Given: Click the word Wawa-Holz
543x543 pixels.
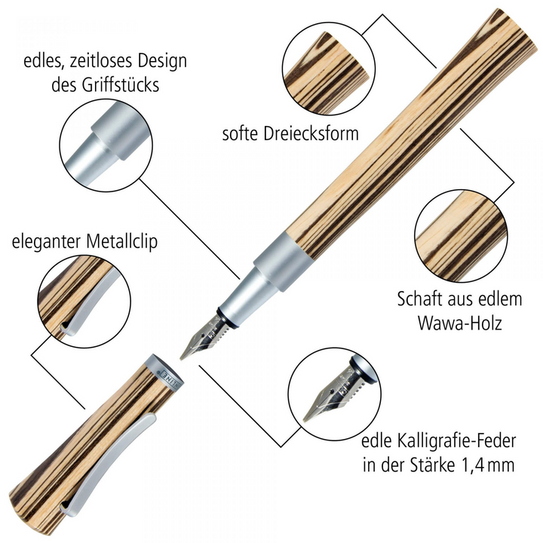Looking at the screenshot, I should [x=459, y=325].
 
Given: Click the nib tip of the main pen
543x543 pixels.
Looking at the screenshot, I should [x=183, y=352].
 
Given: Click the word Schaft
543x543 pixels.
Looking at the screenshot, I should [x=421, y=299].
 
